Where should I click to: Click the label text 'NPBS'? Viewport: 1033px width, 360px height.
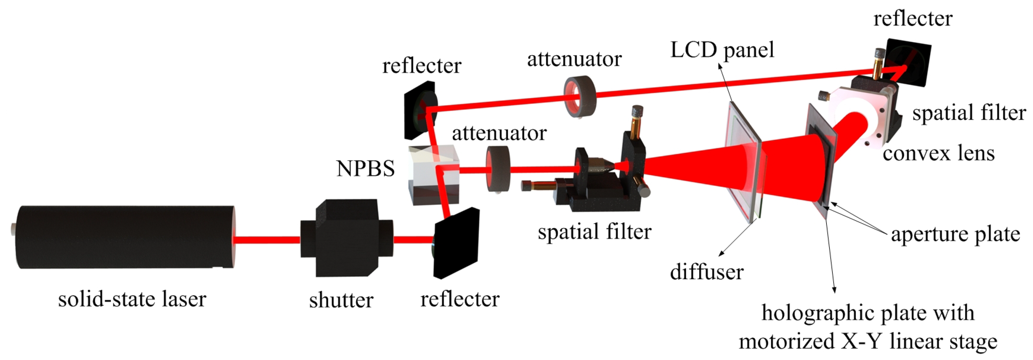click(x=365, y=168)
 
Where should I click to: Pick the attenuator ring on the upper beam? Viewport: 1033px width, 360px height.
click(x=580, y=97)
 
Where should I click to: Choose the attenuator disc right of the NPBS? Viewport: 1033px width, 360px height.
click(x=498, y=169)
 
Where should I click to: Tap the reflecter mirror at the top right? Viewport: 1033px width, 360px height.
click(x=908, y=62)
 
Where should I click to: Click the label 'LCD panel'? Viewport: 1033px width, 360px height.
click(x=722, y=50)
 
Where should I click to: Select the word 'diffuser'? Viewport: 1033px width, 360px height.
click(x=706, y=272)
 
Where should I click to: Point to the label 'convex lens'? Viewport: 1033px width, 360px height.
click(x=938, y=153)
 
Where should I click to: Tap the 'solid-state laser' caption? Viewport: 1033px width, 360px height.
click(x=132, y=299)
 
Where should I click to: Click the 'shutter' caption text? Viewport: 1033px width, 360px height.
click(x=341, y=300)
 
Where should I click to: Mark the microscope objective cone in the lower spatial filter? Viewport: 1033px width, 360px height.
click(x=602, y=165)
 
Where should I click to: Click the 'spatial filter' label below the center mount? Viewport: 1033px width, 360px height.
click(x=594, y=232)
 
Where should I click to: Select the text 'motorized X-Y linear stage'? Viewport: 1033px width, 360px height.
click(x=868, y=342)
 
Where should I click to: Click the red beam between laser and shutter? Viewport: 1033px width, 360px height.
click(x=267, y=240)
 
